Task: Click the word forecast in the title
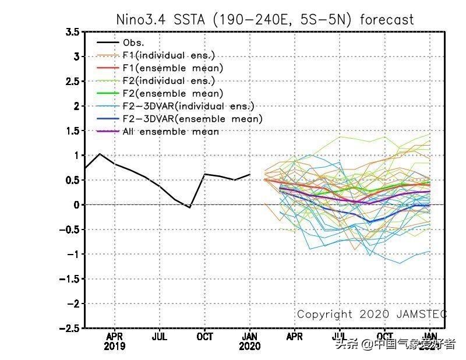click(387, 19)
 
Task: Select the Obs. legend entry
click(133, 43)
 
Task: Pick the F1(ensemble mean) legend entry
click(173, 68)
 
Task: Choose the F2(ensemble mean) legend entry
click(173, 94)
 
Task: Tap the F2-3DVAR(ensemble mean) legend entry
click(193, 119)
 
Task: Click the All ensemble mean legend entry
click(171, 132)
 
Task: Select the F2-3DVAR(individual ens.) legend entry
click(189, 106)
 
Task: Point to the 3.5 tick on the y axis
click(72, 32)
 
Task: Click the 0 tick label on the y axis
click(76, 205)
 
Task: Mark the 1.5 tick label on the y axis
click(72, 131)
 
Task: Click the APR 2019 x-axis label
click(114, 341)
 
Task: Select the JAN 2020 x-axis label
click(250, 341)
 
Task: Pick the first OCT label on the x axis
click(204, 337)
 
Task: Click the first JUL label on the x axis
click(160, 337)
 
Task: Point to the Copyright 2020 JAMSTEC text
click(372, 315)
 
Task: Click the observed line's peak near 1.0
click(100, 154)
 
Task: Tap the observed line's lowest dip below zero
click(189, 207)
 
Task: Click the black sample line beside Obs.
click(108, 43)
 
